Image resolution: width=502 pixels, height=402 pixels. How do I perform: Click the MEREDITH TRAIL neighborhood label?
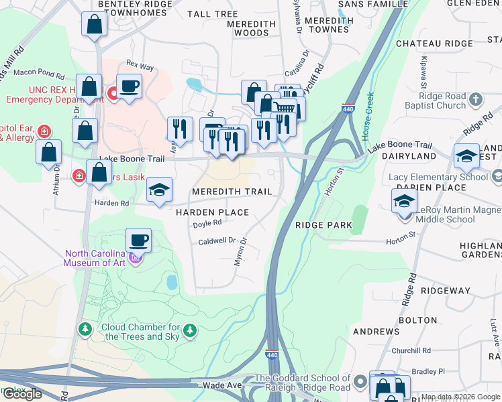click(x=232, y=192)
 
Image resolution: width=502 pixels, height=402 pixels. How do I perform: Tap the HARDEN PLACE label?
click(x=212, y=212)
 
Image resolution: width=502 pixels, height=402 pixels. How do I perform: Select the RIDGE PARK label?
click(x=323, y=226)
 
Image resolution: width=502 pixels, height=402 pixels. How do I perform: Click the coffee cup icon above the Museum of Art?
click(x=138, y=240)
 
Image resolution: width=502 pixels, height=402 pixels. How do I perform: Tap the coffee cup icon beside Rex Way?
click(x=129, y=86)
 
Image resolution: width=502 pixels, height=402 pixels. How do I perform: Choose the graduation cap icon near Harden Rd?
click(x=159, y=190)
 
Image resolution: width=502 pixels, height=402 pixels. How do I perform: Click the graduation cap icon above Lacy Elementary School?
click(x=466, y=157)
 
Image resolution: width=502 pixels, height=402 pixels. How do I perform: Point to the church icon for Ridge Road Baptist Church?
click(x=476, y=100)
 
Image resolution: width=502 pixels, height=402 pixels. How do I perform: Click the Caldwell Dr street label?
click(x=217, y=241)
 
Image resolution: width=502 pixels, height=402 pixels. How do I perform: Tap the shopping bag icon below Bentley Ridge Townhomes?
click(x=94, y=25)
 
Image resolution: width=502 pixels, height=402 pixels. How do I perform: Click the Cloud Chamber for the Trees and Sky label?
click(x=140, y=332)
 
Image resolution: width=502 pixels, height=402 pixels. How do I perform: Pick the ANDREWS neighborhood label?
click(x=376, y=332)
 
